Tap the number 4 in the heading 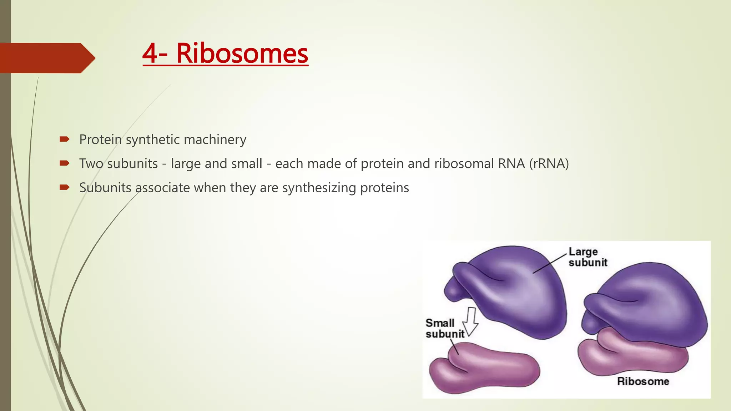(150, 54)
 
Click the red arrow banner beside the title (46, 58)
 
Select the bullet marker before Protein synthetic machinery (64, 139)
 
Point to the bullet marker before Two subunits (64, 163)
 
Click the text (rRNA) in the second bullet (549, 163)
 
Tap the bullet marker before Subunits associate (64, 187)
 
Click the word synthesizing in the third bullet (319, 188)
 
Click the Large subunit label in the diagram (587, 257)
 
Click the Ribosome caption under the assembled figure (643, 381)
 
